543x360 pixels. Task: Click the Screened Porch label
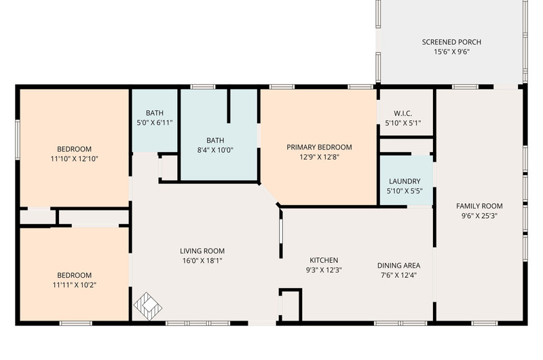pyautogui.click(x=451, y=42)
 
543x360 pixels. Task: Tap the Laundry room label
pyautogui.click(x=405, y=181)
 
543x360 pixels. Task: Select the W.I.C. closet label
pyautogui.click(x=402, y=113)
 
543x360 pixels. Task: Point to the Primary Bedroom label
pyautogui.click(x=319, y=147)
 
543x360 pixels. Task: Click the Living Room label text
pyautogui.click(x=202, y=251)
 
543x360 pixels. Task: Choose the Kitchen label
pyautogui.click(x=324, y=260)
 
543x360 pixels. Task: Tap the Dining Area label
pyautogui.click(x=398, y=266)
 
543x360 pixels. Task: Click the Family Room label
pyautogui.click(x=479, y=206)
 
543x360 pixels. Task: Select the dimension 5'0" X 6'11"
pyautogui.click(x=155, y=123)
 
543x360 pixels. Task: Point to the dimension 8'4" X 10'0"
pyautogui.click(x=215, y=150)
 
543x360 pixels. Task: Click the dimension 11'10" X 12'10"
pyautogui.click(x=74, y=159)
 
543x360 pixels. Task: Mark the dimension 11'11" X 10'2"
pyautogui.click(x=74, y=285)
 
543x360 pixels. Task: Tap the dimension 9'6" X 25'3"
pyautogui.click(x=479, y=216)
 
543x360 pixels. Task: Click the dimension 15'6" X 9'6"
pyautogui.click(x=451, y=52)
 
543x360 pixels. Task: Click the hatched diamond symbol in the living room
pyautogui.click(x=148, y=306)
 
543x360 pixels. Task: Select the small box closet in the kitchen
pyautogui.click(x=291, y=304)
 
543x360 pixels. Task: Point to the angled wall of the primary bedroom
pyautogui.click(x=269, y=195)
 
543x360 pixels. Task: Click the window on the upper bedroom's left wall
pyautogui.click(x=18, y=140)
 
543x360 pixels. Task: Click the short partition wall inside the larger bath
pyautogui.click(x=229, y=106)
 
